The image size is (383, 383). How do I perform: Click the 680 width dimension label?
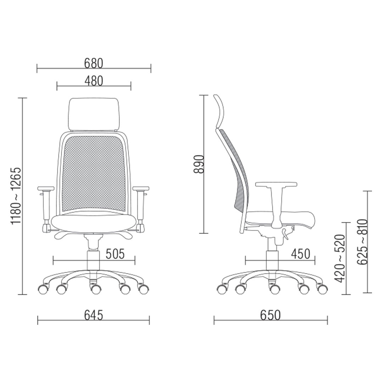click(94, 63)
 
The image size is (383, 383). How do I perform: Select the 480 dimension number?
click(94, 81)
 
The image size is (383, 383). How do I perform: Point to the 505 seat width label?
click(115, 254)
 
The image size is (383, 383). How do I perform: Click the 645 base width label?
click(94, 315)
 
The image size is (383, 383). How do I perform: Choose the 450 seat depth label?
click(300, 254)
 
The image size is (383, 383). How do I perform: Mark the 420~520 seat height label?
click(340, 259)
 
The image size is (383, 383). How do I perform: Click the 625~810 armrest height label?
click(362, 242)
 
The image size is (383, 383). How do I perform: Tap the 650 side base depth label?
click(270, 315)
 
